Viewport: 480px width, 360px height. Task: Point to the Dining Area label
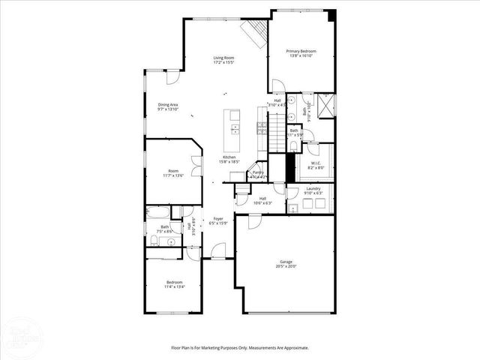click(168, 104)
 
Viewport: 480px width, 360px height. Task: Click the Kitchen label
click(229, 157)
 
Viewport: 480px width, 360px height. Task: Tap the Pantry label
click(258, 172)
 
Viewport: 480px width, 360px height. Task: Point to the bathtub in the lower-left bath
click(159, 212)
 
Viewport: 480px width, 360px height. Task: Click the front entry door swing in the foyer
click(219, 252)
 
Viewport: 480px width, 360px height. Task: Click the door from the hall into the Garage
click(254, 220)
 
